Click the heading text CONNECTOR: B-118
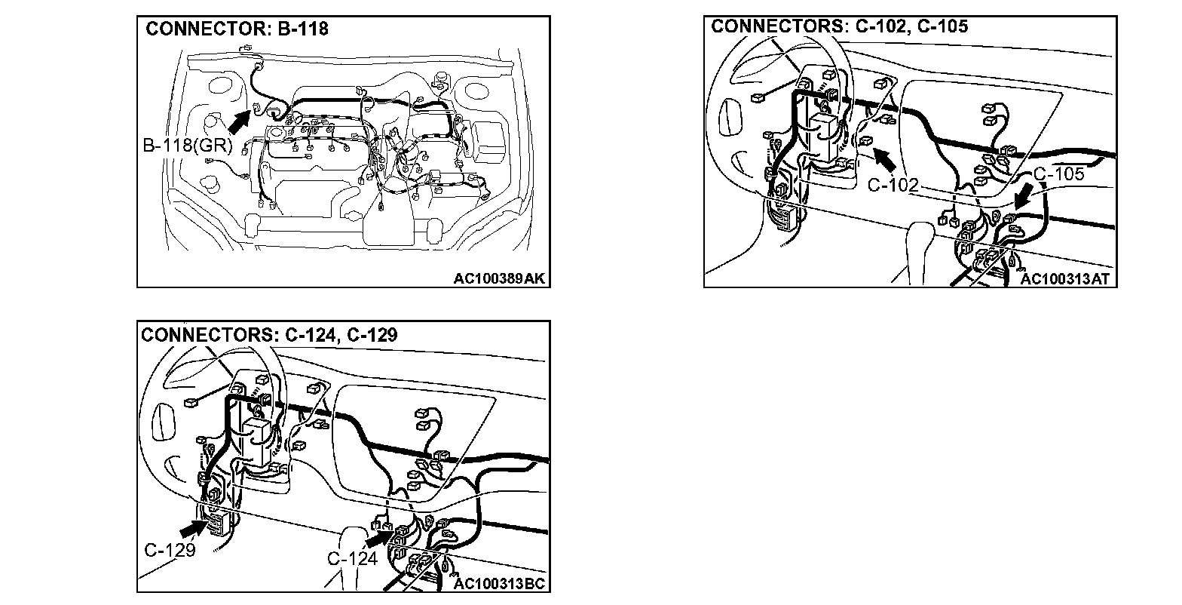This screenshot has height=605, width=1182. pyautogui.click(x=237, y=29)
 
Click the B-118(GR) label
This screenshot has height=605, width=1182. pyautogui.click(x=187, y=145)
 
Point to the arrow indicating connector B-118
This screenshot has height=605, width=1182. pyautogui.click(x=240, y=121)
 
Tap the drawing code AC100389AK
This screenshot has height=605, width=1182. pyautogui.click(x=499, y=278)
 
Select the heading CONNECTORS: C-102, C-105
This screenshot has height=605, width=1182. pyautogui.click(x=840, y=26)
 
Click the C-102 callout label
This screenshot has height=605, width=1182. pyautogui.click(x=893, y=184)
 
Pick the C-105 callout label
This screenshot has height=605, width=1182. pyautogui.click(x=1058, y=174)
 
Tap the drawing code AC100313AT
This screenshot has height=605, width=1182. pyautogui.click(x=1065, y=279)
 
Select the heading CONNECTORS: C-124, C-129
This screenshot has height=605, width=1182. pyautogui.click(x=268, y=334)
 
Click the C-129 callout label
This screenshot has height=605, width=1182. pyautogui.click(x=170, y=549)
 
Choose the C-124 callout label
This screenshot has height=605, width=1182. pyautogui.click(x=352, y=559)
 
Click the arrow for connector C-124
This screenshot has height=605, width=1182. pyautogui.click(x=379, y=539)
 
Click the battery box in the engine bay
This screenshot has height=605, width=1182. pyautogui.click(x=488, y=141)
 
